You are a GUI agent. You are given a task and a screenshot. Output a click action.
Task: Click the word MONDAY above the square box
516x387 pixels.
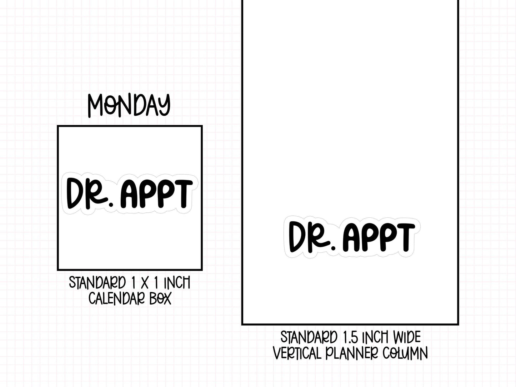click(x=129, y=106)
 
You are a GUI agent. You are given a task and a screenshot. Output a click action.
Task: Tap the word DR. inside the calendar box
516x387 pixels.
click(x=90, y=193)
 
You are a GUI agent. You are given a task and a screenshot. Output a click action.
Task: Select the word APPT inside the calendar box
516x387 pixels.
click(x=157, y=193)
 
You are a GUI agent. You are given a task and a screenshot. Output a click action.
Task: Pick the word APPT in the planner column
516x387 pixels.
click(x=379, y=237)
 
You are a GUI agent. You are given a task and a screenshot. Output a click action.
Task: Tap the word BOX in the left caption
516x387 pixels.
click(x=161, y=298)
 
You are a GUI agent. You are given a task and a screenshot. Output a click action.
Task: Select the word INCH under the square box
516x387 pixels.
click(x=177, y=282)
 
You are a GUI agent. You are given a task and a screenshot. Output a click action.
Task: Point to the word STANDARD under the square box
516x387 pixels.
click(x=97, y=282)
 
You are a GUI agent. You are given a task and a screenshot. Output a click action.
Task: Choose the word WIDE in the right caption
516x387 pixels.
click(x=407, y=337)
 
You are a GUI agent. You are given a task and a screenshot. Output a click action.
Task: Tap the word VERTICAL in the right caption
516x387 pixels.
click(x=297, y=353)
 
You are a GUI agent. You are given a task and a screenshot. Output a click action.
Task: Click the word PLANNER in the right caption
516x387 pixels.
click(x=352, y=353)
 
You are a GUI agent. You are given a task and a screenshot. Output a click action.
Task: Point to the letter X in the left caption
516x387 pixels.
click(x=145, y=282)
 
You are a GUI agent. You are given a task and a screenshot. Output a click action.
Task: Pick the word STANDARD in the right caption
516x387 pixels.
click(x=309, y=337)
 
